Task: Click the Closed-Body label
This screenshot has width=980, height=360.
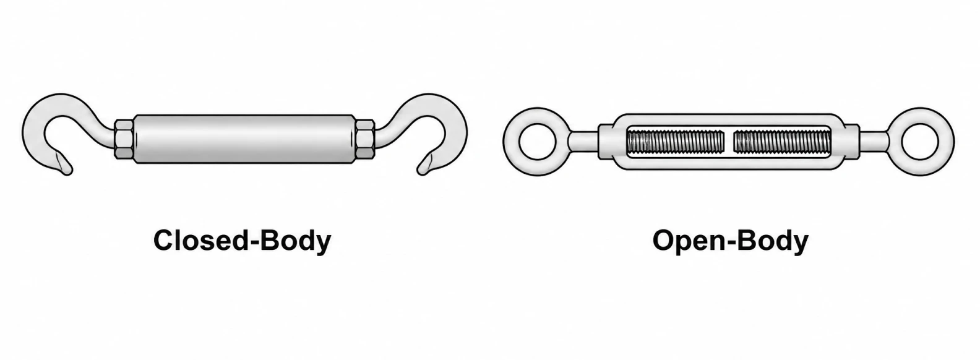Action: pos(242,241)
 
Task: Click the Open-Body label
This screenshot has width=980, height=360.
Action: pos(730,241)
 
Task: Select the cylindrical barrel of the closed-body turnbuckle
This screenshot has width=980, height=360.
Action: pos(244,139)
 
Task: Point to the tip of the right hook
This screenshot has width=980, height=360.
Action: pos(421,171)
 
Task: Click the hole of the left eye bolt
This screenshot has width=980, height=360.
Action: pos(538,141)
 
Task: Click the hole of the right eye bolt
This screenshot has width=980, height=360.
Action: pos(920,141)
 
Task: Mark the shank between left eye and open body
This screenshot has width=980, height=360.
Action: pos(583,141)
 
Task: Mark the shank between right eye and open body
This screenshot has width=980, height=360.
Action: pos(875,141)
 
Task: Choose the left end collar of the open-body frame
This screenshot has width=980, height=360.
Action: pos(606,141)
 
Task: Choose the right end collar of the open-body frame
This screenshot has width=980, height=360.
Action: pos(851,141)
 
